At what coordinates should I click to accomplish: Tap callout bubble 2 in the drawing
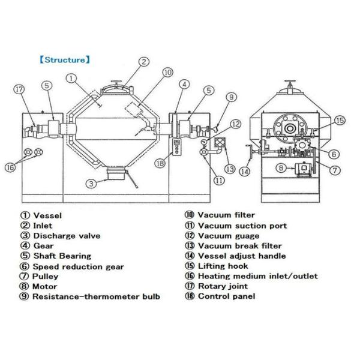pos(144,61)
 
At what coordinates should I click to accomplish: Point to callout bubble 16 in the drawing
pos(10,168)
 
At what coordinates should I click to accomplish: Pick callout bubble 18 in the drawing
pos(159,163)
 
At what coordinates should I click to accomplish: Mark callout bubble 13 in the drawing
pos(230,168)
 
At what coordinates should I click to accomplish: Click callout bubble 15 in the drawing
pos(340,121)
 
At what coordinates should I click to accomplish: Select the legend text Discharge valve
pos(64,236)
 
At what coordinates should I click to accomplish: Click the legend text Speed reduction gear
pos(79,266)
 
